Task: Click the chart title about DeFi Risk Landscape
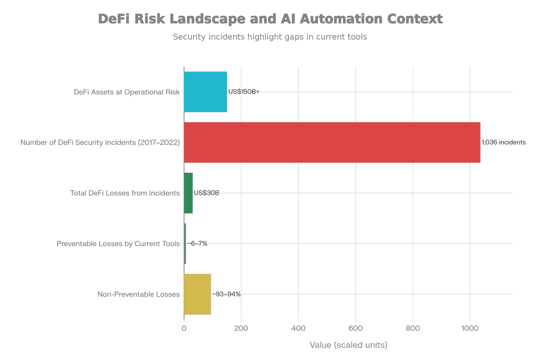tap(270, 19)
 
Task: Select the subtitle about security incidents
tap(270, 37)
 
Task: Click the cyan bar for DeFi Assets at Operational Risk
tap(205, 92)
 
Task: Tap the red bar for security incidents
tap(332, 142)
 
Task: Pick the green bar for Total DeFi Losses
tap(188, 193)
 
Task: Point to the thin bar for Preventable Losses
tap(185, 243)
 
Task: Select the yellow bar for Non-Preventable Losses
tap(197, 294)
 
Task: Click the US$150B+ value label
tap(244, 92)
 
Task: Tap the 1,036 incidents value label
tap(504, 142)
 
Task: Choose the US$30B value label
tap(207, 193)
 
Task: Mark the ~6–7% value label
tap(197, 243)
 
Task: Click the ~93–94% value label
tap(226, 294)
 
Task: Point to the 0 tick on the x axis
tap(184, 328)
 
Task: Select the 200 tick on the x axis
tap(241, 328)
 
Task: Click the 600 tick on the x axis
tap(355, 328)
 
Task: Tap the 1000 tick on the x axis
tap(470, 328)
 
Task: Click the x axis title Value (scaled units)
tap(348, 345)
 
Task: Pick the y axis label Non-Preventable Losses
tap(139, 295)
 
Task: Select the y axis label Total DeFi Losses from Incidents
tap(125, 193)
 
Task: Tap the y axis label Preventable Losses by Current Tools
tap(118, 244)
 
